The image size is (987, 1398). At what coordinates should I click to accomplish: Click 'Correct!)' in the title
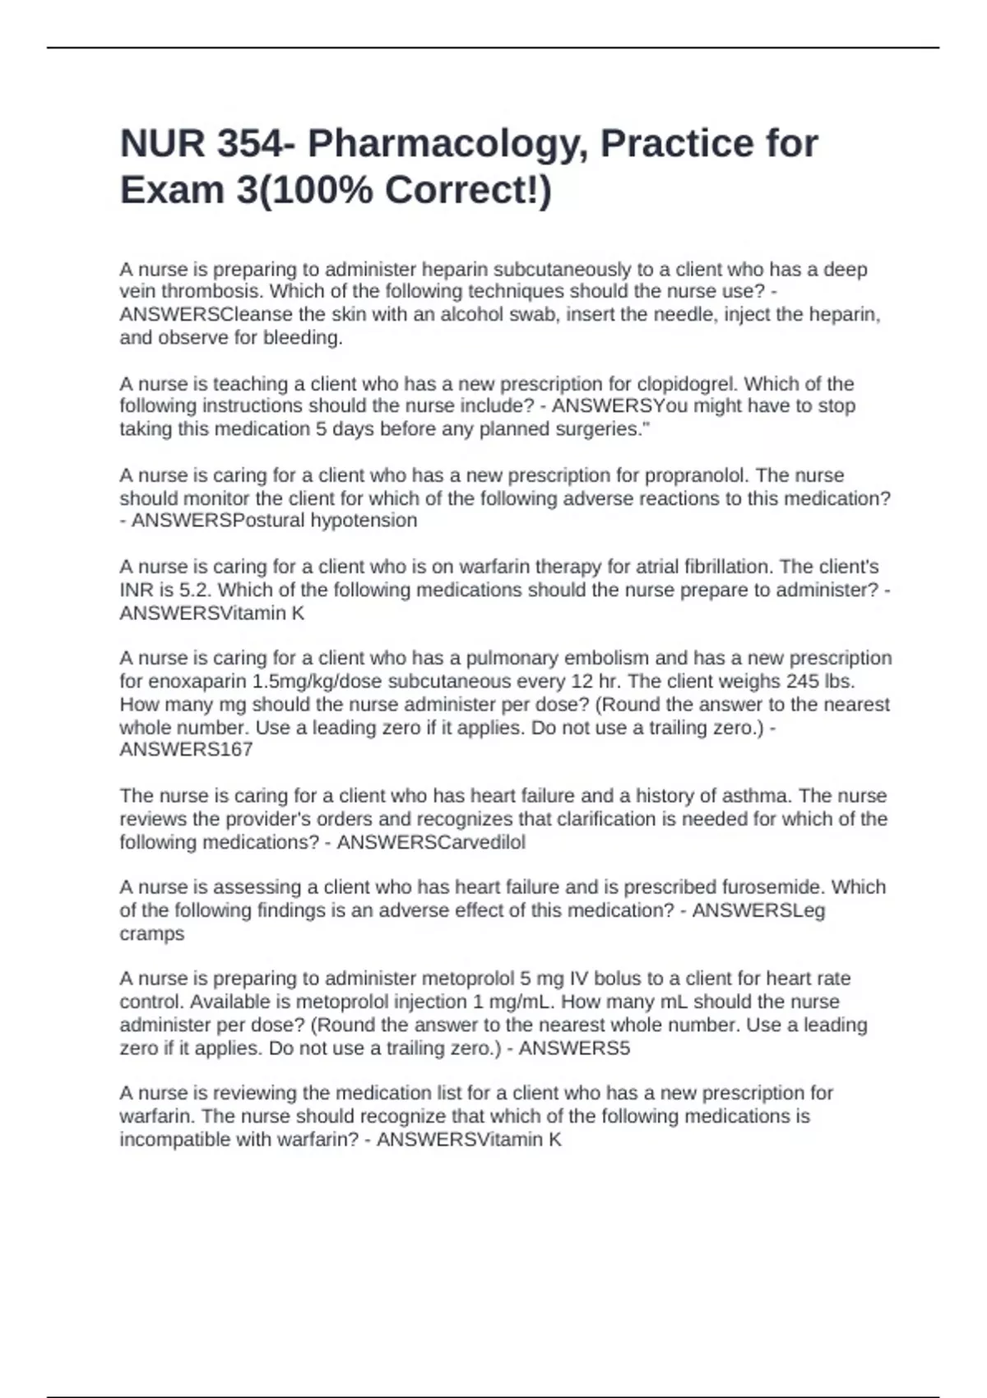[469, 191]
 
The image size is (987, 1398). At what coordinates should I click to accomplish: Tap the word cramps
[152, 933]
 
